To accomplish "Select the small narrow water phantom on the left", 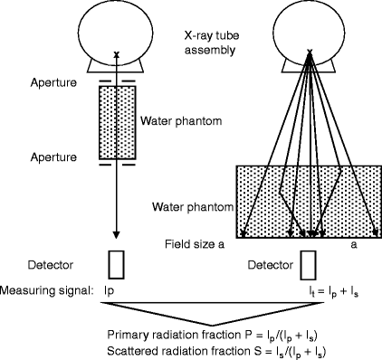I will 117,120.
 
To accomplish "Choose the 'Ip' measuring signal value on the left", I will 113,292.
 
